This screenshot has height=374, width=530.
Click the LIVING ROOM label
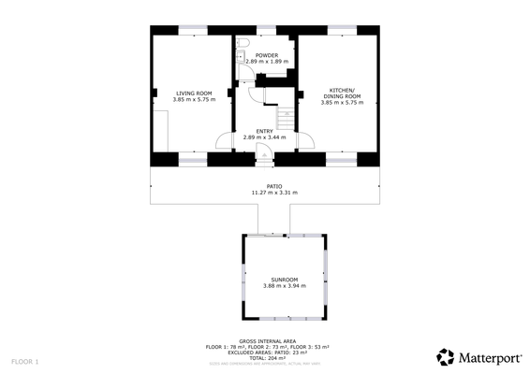[x=194, y=93]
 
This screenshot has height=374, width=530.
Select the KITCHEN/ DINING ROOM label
[x=341, y=93]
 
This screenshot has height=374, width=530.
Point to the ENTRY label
[x=264, y=132]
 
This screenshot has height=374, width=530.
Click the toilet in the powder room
[x=243, y=45]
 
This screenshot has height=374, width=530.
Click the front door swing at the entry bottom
[x=269, y=153]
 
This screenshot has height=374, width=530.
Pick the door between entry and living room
[x=225, y=142]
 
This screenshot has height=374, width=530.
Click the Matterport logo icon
[x=447, y=356]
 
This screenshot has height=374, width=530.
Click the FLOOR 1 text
[x=25, y=361]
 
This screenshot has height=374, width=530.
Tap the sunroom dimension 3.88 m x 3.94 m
[x=285, y=286]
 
